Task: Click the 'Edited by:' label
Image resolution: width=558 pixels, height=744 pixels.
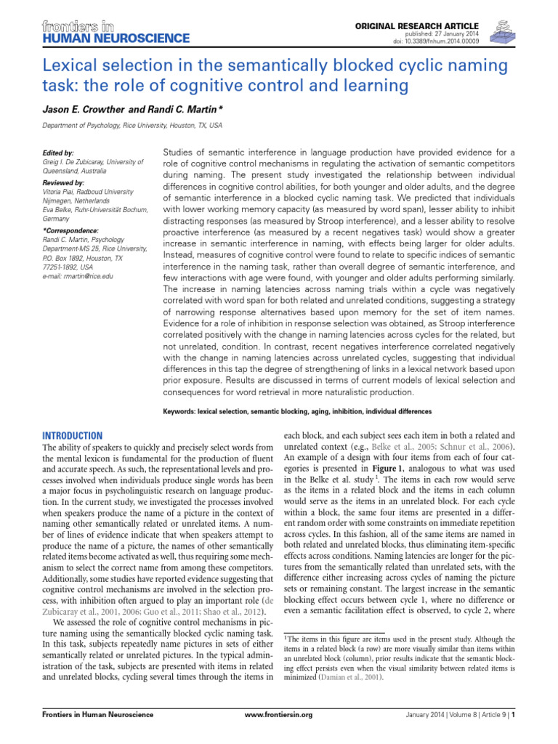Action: (59, 153)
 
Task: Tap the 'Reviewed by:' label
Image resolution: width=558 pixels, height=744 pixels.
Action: (64, 182)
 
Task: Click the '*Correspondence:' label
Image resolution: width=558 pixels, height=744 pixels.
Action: (70, 229)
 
